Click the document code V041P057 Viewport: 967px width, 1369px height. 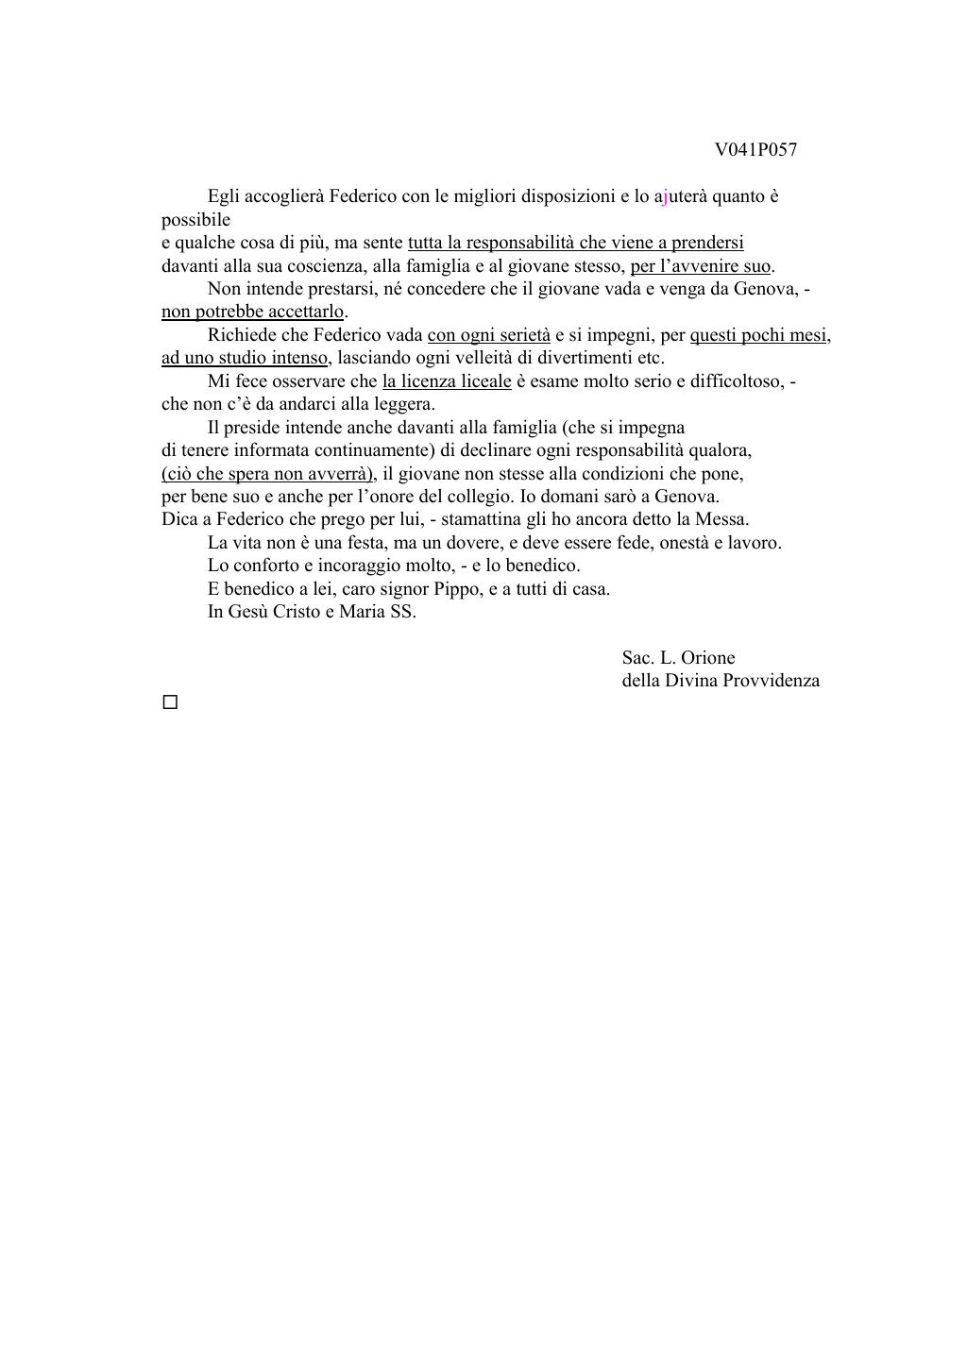coord(755,149)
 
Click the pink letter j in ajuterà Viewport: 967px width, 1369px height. coord(665,197)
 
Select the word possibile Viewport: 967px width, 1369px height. coord(195,220)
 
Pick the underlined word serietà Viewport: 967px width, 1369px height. coord(521,335)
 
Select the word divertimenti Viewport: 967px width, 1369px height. coord(585,358)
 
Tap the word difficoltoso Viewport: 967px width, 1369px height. coord(736,381)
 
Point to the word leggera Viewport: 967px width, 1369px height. coord(404,404)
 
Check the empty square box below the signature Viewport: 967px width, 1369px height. coord(170,702)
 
